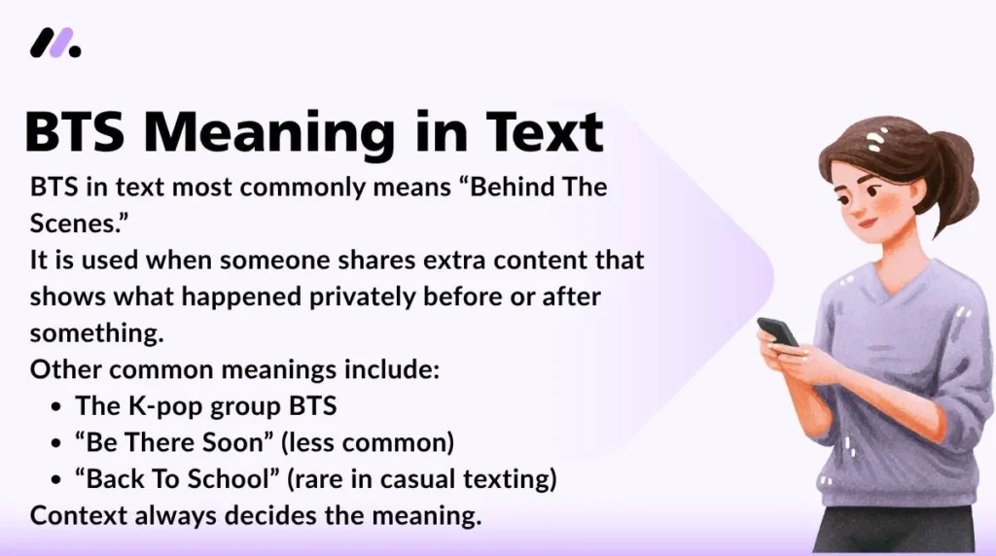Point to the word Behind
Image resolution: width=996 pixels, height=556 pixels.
pos(516,187)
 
